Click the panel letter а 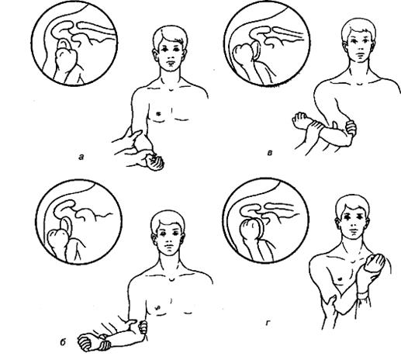click(81, 157)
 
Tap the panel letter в click(270, 153)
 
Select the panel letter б click(63, 342)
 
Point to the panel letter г click(268, 323)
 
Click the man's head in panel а click(170, 48)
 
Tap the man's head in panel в click(359, 41)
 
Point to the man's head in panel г click(352, 217)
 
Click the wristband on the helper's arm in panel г click(363, 295)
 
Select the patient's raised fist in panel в click(301, 120)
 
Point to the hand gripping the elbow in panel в click(351, 129)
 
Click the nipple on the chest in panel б click(158, 307)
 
